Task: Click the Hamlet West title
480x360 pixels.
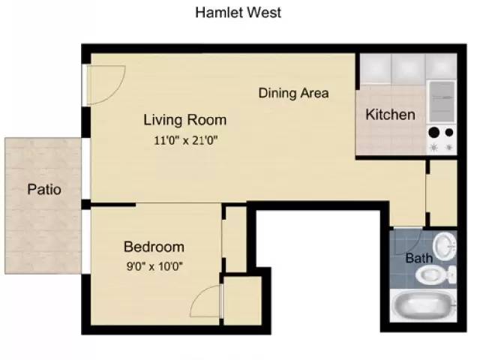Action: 238,12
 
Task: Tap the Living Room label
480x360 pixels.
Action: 184,119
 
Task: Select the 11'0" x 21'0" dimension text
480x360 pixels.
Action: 184,139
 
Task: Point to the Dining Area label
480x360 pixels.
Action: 294,93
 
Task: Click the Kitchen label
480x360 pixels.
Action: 390,115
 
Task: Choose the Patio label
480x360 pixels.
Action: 44,189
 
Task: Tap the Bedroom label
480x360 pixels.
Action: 154,247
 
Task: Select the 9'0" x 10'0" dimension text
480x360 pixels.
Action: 154,265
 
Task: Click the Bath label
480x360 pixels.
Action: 418,259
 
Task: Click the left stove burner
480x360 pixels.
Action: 434,133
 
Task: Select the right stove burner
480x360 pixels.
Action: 449,133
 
